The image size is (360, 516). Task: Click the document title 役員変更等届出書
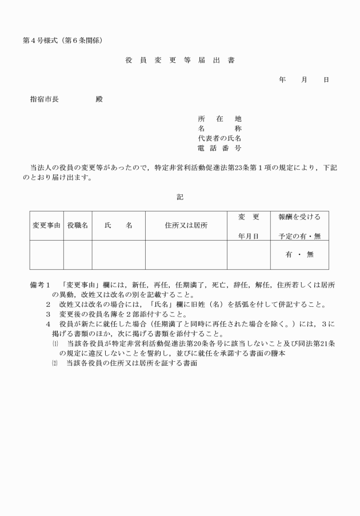tap(179, 60)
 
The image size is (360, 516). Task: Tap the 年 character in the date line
tap(282, 80)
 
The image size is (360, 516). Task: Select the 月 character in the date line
tap(304, 80)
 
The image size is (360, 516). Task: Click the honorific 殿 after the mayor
tap(99, 99)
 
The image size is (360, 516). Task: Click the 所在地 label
tap(219, 119)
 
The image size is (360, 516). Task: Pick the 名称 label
tap(219, 129)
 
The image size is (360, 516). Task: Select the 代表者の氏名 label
tap(219, 138)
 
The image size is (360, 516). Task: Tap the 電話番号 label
tap(219, 148)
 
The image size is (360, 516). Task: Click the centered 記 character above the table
tap(179, 197)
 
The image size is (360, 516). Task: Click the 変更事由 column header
tap(46, 226)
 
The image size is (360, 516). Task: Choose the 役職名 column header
tap(78, 226)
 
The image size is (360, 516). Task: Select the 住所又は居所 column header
tap(186, 226)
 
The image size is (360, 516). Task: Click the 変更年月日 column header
tap(249, 226)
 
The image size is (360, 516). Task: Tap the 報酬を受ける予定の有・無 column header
tap(299, 226)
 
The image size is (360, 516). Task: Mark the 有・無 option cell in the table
tap(299, 255)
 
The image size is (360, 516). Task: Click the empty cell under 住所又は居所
tap(186, 255)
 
